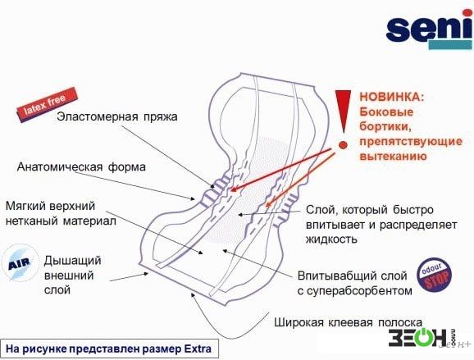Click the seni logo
click(429, 30)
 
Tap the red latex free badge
click(46, 104)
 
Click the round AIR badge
click(20, 263)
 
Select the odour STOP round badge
click(435, 275)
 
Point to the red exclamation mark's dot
click(343, 145)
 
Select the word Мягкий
click(25, 206)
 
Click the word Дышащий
click(72, 261)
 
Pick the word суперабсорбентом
click(359, 291)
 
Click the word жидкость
click(331, 239)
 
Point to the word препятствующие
click(411, 142)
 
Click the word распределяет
click(418, 225)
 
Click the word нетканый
click(32, 221)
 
